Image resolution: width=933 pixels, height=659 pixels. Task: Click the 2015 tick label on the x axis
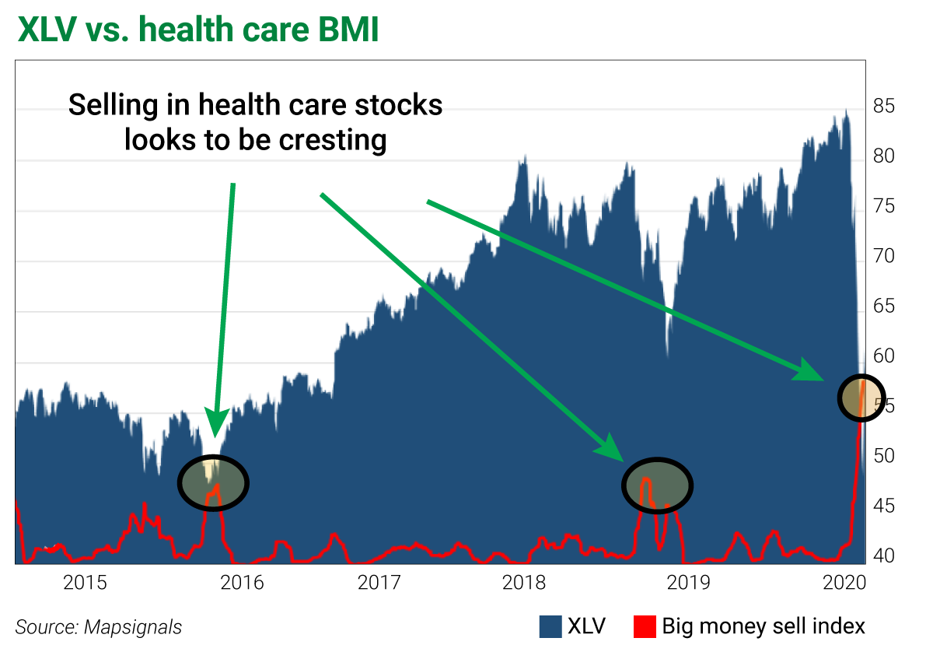86,582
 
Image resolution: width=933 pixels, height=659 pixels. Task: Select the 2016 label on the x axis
242,582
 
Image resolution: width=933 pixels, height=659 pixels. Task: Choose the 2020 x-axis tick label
844,582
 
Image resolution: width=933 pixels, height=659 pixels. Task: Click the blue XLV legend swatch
550,626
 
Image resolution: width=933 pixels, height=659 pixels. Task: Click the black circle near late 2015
213,482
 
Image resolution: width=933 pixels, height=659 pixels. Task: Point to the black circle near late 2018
657,485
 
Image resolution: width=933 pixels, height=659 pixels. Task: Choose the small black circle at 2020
861,398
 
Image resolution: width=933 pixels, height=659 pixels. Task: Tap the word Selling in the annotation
114,104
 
